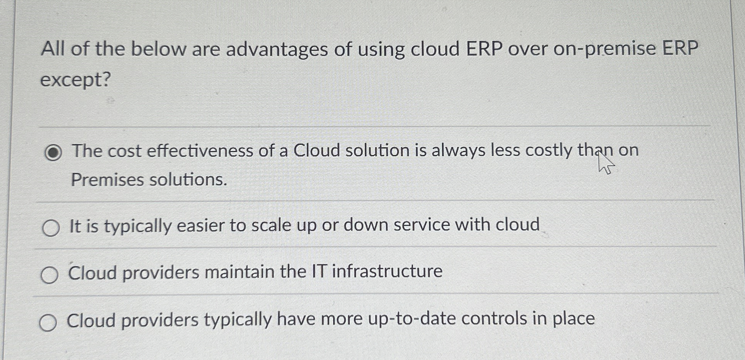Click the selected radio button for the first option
[53, 152]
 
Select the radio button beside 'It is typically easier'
[51, 228]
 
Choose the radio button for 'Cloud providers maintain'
[50, 275]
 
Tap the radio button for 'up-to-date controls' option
[48, 323]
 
